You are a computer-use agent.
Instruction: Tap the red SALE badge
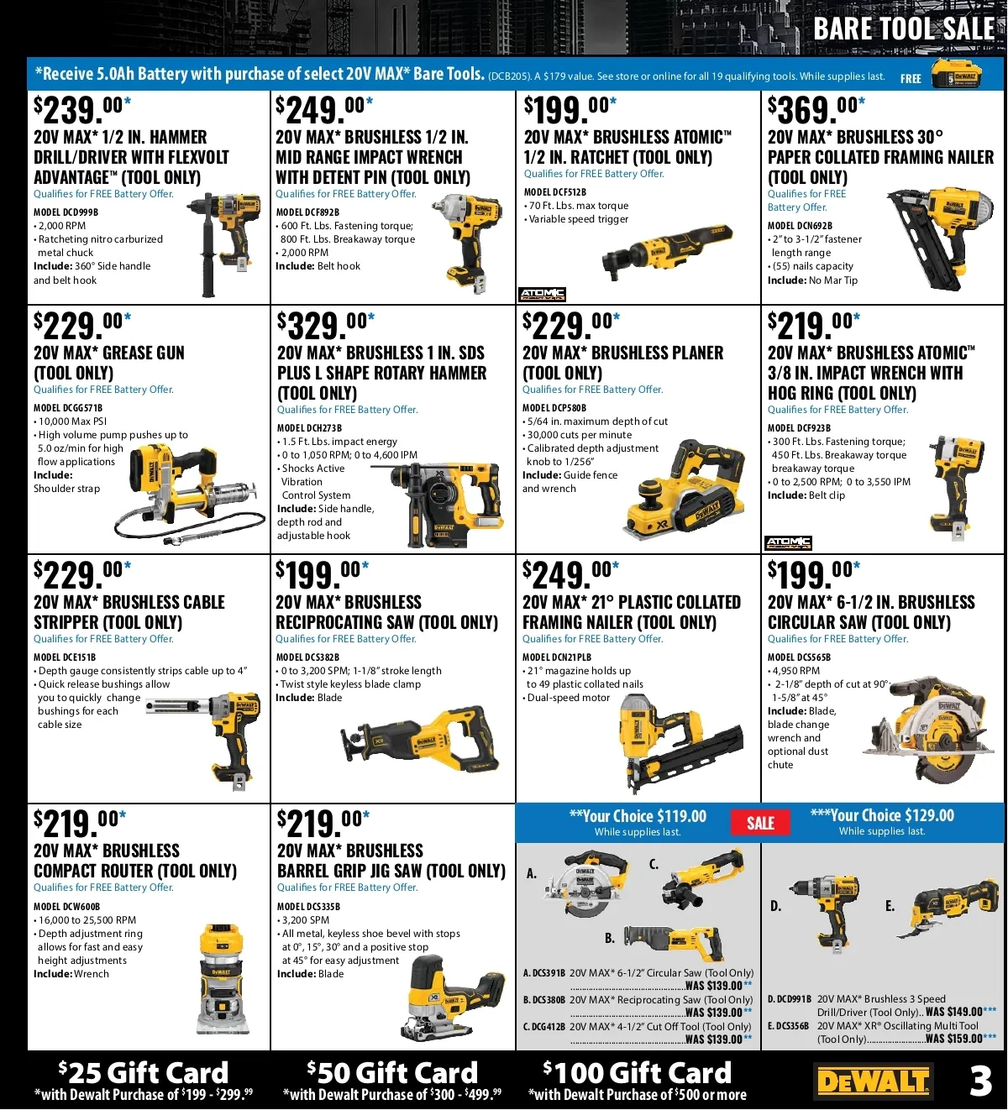[x=760, y=823]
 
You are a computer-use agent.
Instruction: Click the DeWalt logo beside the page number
[x=873, y=1081]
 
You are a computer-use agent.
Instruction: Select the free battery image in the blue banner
[x=957, y=74]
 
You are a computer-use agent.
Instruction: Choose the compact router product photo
[x=222, y=978]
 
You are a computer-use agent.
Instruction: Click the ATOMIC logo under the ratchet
[x=542, y=294]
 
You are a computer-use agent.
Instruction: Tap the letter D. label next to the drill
[x=775, y=906]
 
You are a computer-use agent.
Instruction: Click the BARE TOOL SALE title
[x=904, y=29]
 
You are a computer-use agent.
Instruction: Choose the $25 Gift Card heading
[x=144, y=1073]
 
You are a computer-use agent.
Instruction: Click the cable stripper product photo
[x=205, y=737]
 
